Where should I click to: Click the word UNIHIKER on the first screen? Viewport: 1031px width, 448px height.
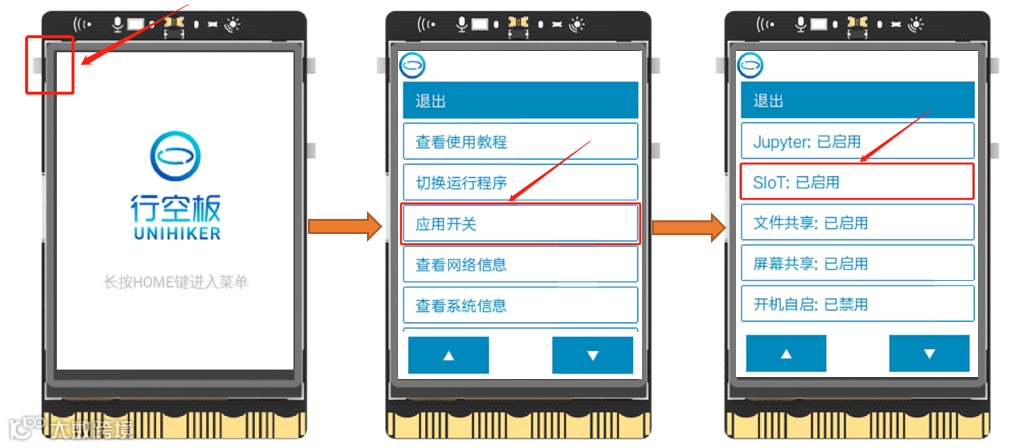(175, 234)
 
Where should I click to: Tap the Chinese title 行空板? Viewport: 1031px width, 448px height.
(175, 208)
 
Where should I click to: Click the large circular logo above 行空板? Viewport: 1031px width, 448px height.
(174, 159)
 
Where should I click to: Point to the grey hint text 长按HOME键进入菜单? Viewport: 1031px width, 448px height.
(176, 283)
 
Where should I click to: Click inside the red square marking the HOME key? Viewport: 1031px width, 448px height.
(49, 64)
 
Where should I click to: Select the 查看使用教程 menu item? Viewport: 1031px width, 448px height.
(520, 141)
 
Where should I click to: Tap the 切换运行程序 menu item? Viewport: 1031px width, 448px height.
(520, 182)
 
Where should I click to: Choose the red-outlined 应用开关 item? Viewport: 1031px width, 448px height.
(520, 224)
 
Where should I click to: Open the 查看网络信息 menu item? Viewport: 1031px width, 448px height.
(520, 264)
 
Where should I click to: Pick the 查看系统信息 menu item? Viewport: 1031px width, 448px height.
(520, 305)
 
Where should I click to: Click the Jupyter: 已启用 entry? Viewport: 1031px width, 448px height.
(857, 141)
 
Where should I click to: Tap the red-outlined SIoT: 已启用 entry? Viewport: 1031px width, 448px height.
(857, 182)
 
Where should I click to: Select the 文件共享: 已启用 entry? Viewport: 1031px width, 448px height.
(857, 222)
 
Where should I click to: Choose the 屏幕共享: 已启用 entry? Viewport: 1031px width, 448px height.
(857, 263)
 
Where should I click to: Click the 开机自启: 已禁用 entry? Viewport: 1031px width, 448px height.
(857, 304)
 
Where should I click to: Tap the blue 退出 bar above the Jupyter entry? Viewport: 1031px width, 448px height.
(857, 101)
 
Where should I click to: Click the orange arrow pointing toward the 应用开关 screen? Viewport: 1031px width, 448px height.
(345, 227)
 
